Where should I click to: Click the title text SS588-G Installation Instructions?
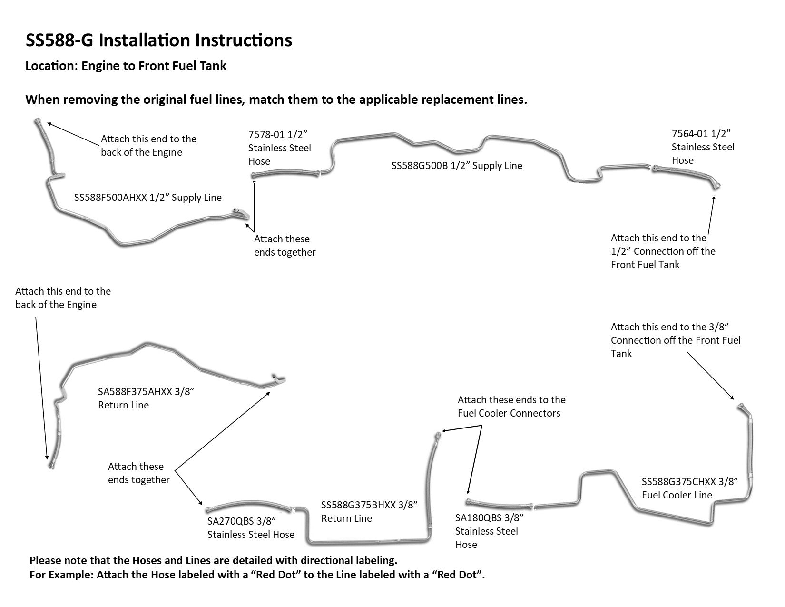(158, 40)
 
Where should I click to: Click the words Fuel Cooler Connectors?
(509, 413)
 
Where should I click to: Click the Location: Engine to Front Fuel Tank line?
(126, 66)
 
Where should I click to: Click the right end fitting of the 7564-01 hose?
(716, 185)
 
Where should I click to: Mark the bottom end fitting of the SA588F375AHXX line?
(50, 465)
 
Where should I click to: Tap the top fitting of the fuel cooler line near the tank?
(740, 406)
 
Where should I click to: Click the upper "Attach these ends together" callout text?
(285, 246)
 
